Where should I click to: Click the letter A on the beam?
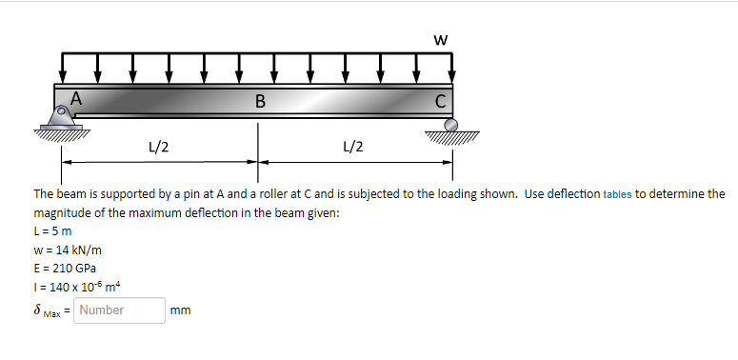77,96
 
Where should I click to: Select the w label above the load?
439,39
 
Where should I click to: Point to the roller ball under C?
451,124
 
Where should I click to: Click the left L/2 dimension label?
159,147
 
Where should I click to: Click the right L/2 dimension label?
351,147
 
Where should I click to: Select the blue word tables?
617,194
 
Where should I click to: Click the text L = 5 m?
53,231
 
